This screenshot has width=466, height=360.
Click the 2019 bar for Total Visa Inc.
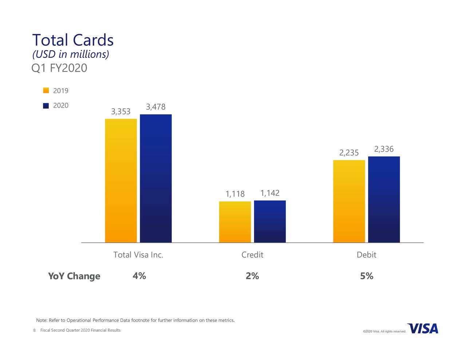[x=121, y=181]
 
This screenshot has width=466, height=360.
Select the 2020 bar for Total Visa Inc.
[x=156, y=178]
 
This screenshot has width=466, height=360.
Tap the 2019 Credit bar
[x=235, y=222]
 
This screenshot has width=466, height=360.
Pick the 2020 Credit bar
[x=270, y=221]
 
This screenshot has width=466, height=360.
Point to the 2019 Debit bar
[x=349, y=201]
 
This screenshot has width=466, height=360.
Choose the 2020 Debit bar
[x=384, y=199]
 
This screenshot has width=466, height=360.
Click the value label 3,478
[x=156, y=107]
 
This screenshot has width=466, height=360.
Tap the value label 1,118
[x=235, y=194]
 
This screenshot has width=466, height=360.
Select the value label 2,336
[x=384, y=149]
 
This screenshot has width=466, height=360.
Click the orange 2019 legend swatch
[x=46, y=91]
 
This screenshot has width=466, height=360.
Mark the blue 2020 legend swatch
[x=46, y=106]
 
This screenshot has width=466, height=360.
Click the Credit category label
[x=252, y=255]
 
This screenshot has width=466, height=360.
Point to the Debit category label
[x=366, y=255]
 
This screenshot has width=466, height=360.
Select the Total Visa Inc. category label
[x=138, y=255]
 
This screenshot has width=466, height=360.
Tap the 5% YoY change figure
[x=367, y=276]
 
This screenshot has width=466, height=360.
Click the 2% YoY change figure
[x=252, y=276]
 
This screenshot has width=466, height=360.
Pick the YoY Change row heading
[x=74, y=276]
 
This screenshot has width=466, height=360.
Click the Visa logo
[x=423, y=329]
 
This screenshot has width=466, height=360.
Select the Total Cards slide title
[x=73, y=40]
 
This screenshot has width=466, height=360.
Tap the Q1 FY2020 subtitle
[x=59, y=68]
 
